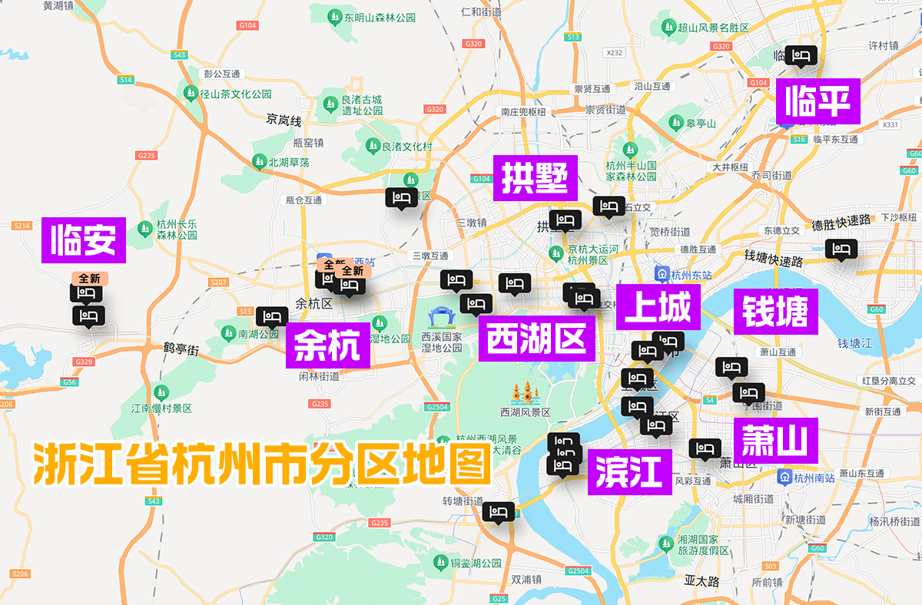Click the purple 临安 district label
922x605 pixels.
click(83, 240)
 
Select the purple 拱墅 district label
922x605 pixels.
click(535, 177)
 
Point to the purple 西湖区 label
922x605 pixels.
click(537, 338)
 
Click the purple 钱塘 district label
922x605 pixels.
click(774, 311)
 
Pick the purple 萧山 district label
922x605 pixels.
click(774, 441)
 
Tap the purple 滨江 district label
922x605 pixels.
click(629, 471)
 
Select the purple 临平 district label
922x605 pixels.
click(818, 101)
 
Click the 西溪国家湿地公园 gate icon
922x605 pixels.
click(442, 316)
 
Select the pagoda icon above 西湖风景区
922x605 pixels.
click(526, 393)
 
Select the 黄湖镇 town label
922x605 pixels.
click(58, 5)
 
